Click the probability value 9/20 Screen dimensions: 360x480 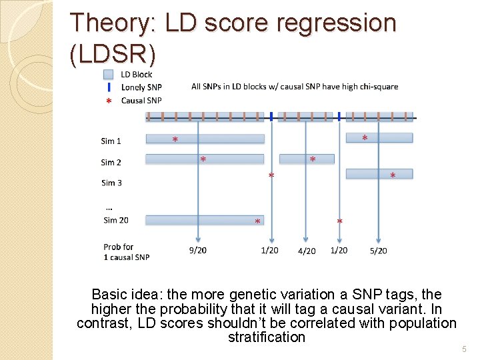197,250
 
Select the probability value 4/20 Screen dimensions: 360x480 307,251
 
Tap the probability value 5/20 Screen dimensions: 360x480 378,251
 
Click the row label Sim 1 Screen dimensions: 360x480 111,141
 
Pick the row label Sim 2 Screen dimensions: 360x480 111,162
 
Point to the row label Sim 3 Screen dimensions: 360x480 111,183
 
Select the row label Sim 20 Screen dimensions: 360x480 115,220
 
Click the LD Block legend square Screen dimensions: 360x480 109,75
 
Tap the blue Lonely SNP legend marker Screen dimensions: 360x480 109,87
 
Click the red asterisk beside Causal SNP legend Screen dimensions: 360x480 109,101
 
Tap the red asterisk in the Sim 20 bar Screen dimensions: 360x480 257,221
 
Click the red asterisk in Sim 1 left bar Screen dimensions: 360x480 175,140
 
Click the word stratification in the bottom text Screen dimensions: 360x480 266,337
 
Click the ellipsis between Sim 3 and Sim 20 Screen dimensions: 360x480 109,207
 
